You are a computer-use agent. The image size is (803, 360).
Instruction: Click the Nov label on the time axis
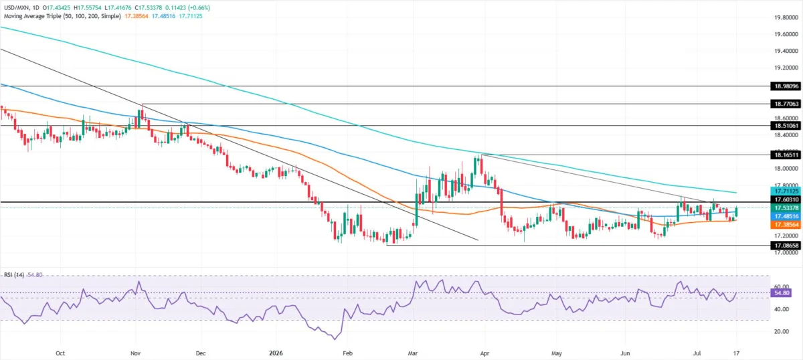click(x=135, y=353)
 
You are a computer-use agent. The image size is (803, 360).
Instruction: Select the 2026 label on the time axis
click(x=276, y=353)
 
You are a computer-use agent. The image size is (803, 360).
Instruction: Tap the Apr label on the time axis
click(x=484, y=353)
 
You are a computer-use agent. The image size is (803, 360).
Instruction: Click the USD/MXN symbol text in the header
click(x=17, y=7)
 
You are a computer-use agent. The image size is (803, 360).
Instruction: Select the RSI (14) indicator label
click(x=14, y=275)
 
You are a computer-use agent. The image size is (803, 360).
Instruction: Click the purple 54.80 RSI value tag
click(x=782, y=293)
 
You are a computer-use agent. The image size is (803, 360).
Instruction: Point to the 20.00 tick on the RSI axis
click(x=782, y=331)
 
